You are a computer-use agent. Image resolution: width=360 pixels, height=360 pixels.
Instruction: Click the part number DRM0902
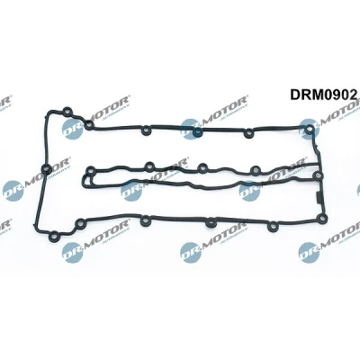click(x=323, y=94)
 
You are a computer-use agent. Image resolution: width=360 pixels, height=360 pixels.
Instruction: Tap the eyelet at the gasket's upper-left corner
click(x=67, y=112)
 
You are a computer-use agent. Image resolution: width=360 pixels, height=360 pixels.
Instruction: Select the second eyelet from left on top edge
click(x=89, y=125)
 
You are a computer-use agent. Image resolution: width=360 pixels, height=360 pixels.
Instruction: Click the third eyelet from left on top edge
click(x=146, y=130)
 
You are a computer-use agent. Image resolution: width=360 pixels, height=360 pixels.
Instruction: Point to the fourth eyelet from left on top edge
click(x=197, y=131)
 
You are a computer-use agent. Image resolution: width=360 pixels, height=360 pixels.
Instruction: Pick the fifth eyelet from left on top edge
click(x=248, y=133)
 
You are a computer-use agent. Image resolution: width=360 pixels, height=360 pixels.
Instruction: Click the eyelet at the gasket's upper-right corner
click(x=309, y=130)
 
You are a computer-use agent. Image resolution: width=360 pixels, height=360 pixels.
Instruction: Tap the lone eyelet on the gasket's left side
click(x=46, y=169)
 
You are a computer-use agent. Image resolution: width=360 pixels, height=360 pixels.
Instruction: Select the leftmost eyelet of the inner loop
click(x=90, y=171)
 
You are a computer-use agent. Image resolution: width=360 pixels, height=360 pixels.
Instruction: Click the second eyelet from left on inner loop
click(x=149, y=166)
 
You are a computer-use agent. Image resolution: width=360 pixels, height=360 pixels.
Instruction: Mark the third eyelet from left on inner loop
click(x=202, y=167)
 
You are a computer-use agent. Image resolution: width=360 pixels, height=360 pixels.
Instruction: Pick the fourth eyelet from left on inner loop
click(x=256, y=170)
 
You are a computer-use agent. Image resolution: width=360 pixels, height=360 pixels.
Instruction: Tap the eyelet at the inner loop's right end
click(x=317, y=175)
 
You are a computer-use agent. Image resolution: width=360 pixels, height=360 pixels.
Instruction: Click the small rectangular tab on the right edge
click(x=318, y=199)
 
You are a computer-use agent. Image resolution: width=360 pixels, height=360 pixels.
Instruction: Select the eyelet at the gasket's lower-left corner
click(x=54, y=236)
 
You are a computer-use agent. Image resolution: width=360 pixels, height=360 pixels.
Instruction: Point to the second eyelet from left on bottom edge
click(x=79, y=223)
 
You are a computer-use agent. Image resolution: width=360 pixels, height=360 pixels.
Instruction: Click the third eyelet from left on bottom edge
click(x=145, y=220)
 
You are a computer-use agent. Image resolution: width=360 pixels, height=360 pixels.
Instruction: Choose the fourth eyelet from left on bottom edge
click(x=211, y=223)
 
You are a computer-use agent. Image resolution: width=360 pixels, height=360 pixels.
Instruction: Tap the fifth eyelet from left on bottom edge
click(x=273, y=226)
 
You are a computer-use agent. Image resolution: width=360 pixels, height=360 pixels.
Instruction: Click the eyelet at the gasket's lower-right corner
click(x=321, y=218)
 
